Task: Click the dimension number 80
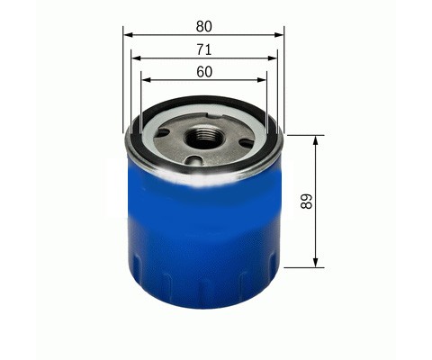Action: [x=204, y=26]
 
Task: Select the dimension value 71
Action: [x=204, y=49]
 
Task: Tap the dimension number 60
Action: [x=204, y=72]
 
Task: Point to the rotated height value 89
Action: [x=307, y=202]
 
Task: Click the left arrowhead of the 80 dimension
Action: [x=128, y=35]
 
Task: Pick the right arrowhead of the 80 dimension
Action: [x=279, y=35]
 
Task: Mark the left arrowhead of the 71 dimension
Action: [x=137, y=58]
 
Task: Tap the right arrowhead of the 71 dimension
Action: [x=272, y=58]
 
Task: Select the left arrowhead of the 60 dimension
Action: [x=146, y=80]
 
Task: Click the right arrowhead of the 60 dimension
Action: [x=262, y=80]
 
